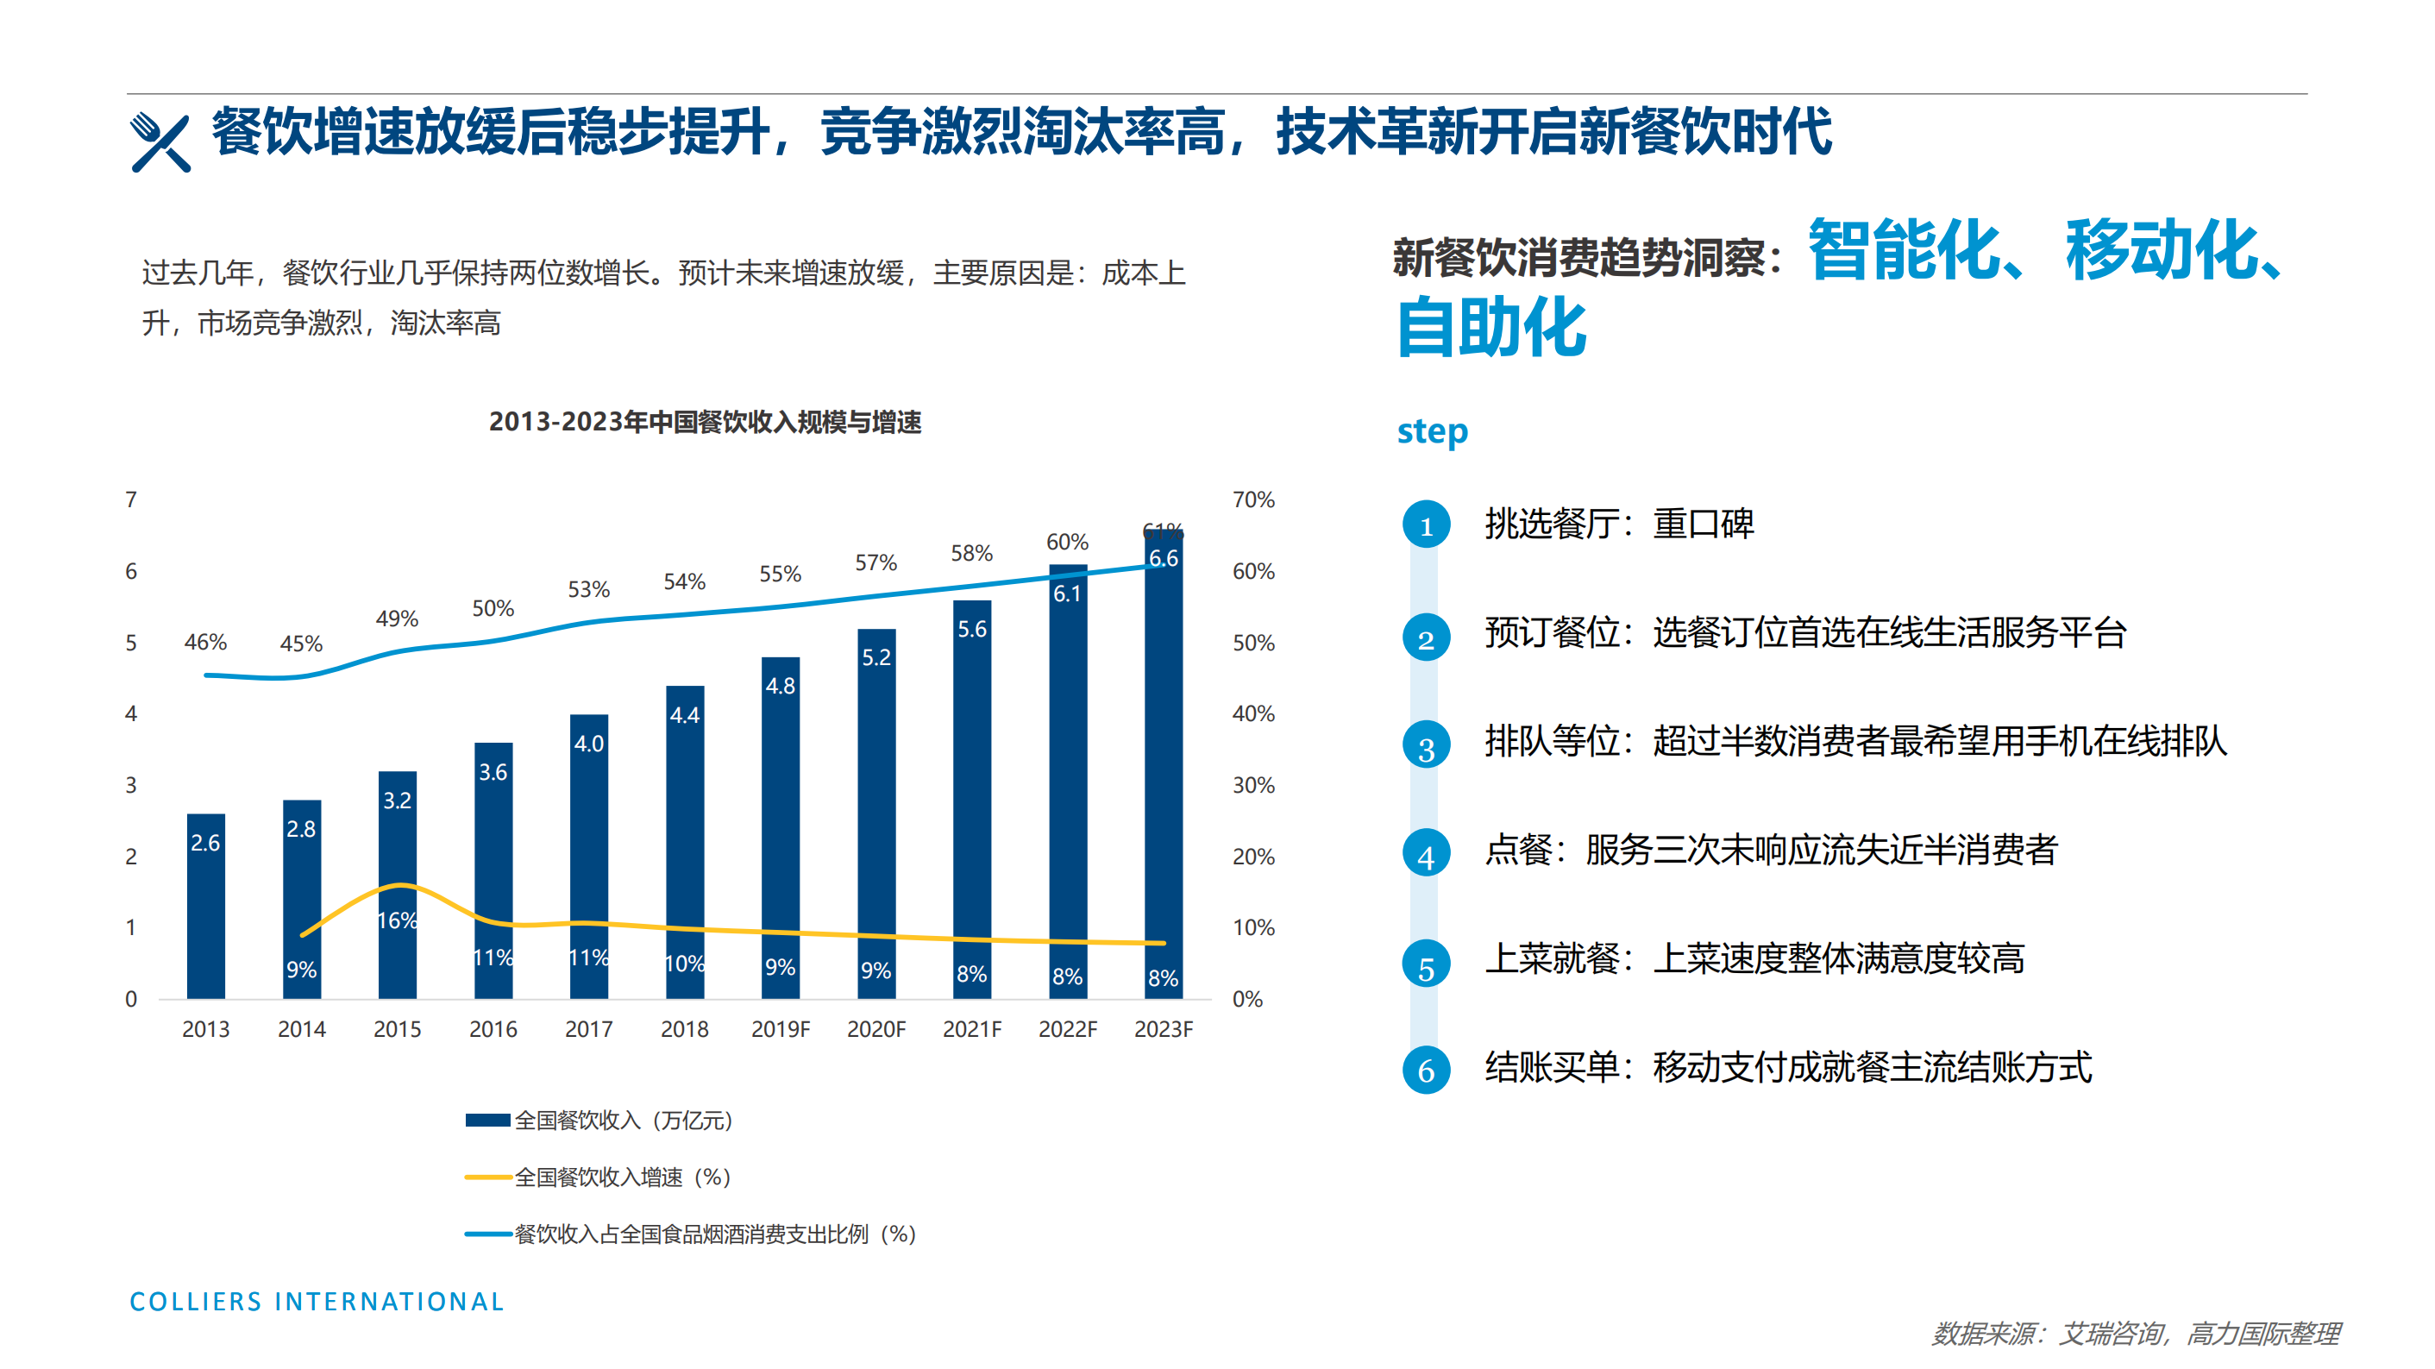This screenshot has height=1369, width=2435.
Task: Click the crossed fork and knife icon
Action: click(160, 142)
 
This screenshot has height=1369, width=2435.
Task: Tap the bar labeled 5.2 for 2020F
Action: click(876, 813)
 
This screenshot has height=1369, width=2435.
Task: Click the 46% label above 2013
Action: click(205, 642)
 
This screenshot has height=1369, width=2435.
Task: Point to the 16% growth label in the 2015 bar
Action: click(397, 920)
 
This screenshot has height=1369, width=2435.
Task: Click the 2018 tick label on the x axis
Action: click(684, 1028)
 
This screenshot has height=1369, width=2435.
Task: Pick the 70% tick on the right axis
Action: click(1252, 499)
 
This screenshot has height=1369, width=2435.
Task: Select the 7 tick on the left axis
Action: click(131, 499)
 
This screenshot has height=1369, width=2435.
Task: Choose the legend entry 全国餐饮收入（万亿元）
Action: click(599, 1121)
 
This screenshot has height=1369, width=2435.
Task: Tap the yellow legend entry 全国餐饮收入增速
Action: click(599, 1177)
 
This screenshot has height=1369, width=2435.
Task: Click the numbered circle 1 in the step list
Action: click(1426, 524)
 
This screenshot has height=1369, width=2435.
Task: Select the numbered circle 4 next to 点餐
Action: click(1426, 855)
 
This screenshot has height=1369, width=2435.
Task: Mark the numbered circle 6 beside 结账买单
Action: click(1426, 1071)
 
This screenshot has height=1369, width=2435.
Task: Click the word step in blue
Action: click(1432, 431)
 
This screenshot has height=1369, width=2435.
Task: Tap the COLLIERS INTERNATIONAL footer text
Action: click(317, 1302)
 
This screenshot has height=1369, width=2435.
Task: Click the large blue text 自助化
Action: click(1491, 327)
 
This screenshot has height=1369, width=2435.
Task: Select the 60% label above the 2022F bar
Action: click(1067, 542)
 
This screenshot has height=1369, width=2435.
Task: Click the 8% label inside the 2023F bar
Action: click(1163, 977)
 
